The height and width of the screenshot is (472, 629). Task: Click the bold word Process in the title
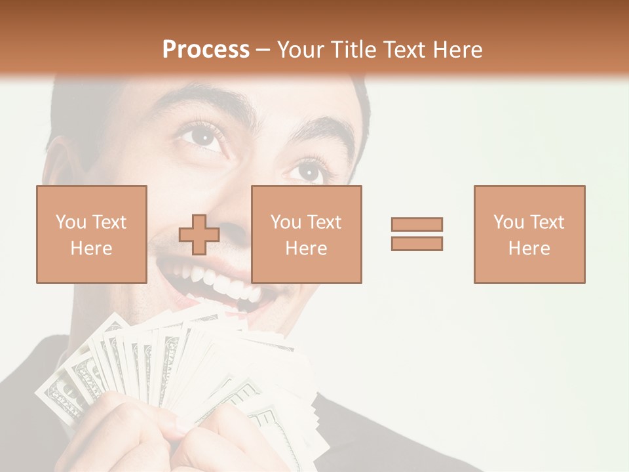point(206,50)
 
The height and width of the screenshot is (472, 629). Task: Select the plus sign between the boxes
point(199,235)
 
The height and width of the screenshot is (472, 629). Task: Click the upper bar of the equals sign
point(417,224)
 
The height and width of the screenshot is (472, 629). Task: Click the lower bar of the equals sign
point(417,244)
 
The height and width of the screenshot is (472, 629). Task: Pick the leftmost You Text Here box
point(91,234)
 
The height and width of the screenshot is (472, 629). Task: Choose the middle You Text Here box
point(306,234)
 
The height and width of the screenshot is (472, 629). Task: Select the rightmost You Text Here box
point(529,234)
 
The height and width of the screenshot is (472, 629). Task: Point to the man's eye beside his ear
point(201,136)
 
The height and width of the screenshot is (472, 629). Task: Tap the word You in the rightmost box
point(508,222)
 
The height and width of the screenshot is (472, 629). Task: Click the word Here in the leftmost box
point(91,248)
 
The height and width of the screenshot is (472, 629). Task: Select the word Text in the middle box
point(324,222)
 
